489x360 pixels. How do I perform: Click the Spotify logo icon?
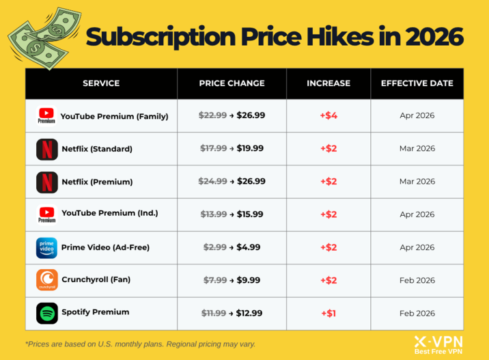(47, 313)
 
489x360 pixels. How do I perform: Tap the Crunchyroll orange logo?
(47, 280)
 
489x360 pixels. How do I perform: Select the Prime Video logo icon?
(47, 247)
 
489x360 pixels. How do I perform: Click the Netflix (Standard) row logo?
(47, 148)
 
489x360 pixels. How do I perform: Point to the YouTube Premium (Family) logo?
(47, 115)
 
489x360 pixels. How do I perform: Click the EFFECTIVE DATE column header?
(417, 83)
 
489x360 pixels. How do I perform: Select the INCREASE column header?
(329, 83)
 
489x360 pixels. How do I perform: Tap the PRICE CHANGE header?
(232, 83)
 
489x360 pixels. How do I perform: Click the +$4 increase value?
(329, 115)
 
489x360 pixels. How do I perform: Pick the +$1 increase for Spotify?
(329, 313)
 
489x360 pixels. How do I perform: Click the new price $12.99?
(250, 313)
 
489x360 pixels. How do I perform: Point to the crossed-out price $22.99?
(212, 115)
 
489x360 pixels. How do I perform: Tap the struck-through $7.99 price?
(215, 280)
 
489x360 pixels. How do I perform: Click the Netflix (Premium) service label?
(96, 182)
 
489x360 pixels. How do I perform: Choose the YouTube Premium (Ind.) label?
(109, 213)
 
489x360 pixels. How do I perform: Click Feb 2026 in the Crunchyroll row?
(417, 280)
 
